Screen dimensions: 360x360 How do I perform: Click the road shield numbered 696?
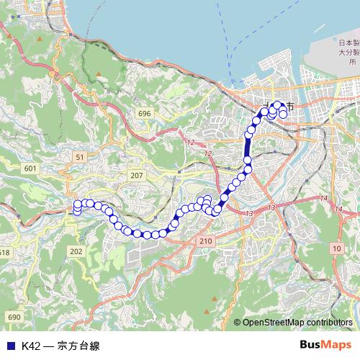(145, 114)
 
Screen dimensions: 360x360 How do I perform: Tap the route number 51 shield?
(80, 156)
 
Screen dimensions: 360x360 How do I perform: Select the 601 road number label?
(30, 168)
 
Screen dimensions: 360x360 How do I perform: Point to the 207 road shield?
(137, 175)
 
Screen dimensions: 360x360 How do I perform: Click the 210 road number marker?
(206, 240)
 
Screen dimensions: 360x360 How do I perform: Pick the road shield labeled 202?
(77, 251)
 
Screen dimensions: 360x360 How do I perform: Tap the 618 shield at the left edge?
(4, 252)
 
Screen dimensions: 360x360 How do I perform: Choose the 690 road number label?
(13, 317)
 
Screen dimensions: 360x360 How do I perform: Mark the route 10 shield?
(336, 248)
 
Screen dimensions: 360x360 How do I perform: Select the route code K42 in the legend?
(31, 346)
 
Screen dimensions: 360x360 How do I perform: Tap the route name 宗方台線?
(78, 346)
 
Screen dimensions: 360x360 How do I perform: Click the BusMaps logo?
(325, 345)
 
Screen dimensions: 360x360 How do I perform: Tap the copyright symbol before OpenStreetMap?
(237, 323)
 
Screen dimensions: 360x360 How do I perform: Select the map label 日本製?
(350, 43)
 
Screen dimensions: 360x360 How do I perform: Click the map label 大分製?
(350, 53)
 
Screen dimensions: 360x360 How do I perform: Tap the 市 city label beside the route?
(289, 107)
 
